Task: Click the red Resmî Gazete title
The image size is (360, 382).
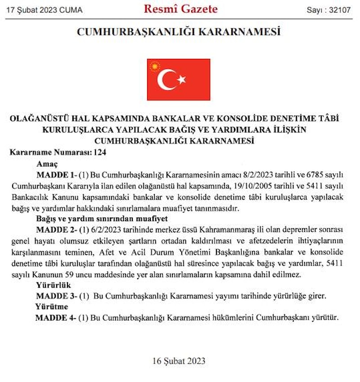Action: [x=180, y=9]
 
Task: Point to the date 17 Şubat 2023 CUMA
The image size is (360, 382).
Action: [x=45, y=10]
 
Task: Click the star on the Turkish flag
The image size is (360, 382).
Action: [x=181, y=80]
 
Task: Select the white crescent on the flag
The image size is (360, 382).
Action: [x=166, y=80]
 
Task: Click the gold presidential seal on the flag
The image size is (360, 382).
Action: [x=155, y=67]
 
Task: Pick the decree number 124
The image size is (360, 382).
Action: [x=100, y=153]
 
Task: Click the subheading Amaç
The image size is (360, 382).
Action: [x=48, y=164]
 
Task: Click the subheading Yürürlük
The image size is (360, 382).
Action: [x=53, y=285]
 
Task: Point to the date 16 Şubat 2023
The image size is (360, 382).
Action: [x=179, y=360]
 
